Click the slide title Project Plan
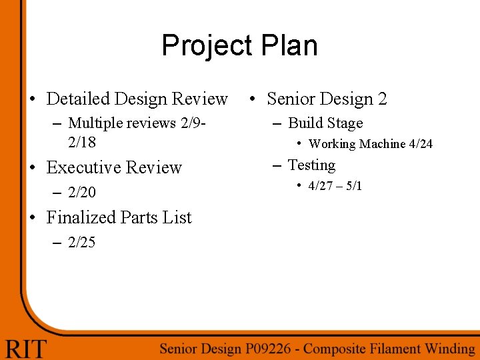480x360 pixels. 239,46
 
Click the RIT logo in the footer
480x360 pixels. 27,348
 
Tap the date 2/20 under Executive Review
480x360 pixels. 82,193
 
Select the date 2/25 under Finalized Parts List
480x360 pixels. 82,243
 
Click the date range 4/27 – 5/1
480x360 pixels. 335,186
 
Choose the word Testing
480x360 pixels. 311,165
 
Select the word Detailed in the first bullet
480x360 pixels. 78,99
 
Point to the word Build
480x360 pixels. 304,123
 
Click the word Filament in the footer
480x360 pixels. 387,348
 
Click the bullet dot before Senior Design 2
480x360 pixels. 253,99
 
